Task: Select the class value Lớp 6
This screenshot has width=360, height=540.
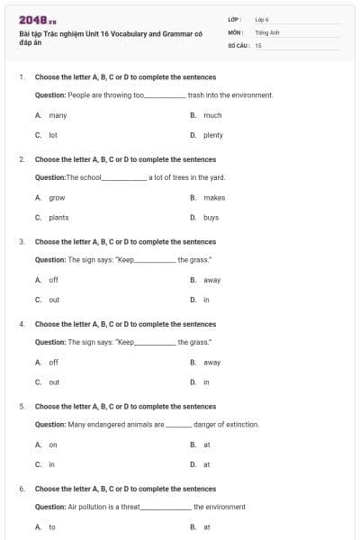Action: [262, 19]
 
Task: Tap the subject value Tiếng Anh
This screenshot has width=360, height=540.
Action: [264, 31]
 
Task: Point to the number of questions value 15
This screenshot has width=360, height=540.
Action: [257, 43]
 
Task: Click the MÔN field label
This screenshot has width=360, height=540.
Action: [235, 31]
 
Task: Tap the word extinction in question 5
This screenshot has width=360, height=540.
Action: [243, 424]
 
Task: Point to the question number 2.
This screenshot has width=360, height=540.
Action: [22, 158]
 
